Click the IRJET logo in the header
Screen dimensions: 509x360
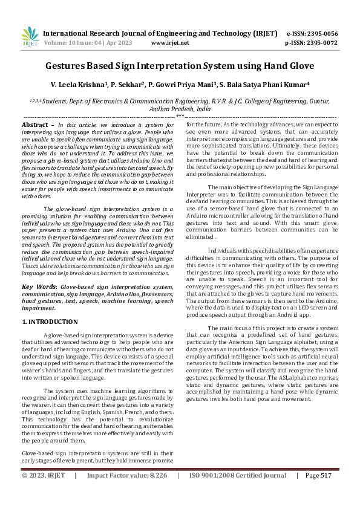click(x=30, y=37)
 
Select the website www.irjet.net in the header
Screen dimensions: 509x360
click(x=169, y=43)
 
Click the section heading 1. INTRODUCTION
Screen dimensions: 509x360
click(x=50, y=322)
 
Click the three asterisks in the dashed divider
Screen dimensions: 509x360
click(x=180, y=115)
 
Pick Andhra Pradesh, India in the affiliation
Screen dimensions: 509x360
click(x=180, y=109)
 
